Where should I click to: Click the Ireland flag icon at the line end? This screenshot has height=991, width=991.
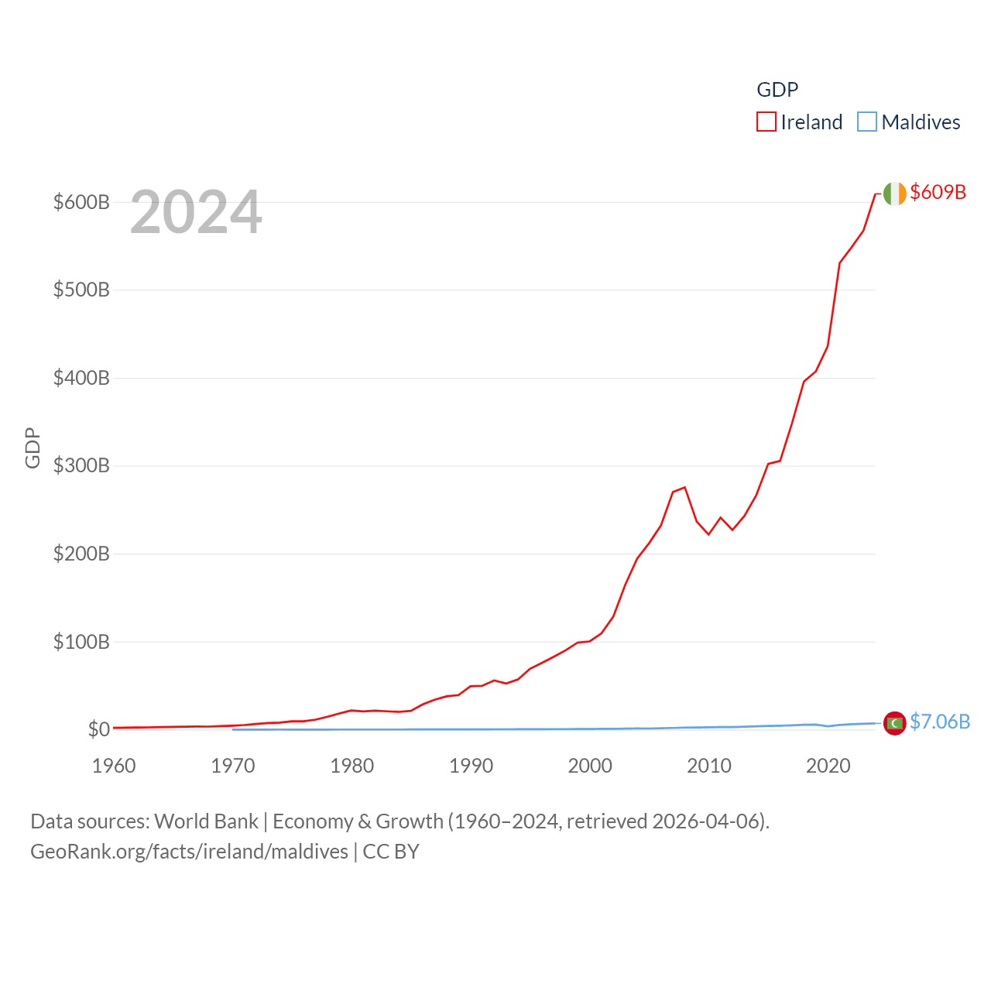(894, 194)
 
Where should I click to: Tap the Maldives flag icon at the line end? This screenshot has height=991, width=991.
(894, 723)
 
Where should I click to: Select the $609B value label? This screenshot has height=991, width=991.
(938, 192)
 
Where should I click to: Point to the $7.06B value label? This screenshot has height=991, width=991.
(939, 722)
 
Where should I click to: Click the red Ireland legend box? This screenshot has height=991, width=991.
(766, 122)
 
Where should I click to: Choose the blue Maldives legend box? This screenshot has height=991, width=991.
(867, 122)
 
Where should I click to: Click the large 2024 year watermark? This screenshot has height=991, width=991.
(196, 212)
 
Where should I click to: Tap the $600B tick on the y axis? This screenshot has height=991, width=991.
(81, 202)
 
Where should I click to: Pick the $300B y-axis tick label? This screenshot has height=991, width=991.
(81, 466)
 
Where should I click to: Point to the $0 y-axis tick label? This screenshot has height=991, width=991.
(98, 729)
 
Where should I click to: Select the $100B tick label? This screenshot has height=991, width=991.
(81, 642)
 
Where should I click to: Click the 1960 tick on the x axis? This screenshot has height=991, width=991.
(114, 766)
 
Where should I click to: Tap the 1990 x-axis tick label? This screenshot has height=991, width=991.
(471, 766)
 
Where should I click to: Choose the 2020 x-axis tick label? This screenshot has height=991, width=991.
(828, 766)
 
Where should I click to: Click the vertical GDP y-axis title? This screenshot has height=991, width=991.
(33, 447)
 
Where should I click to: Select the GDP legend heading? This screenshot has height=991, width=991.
(777, 90)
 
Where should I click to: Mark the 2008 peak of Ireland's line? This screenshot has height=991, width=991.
(685, 487)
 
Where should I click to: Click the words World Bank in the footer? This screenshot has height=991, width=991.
(207, 821)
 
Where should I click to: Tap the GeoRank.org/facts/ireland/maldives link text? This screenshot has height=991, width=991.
(189, 852)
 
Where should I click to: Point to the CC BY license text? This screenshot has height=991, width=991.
(391, 852)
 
